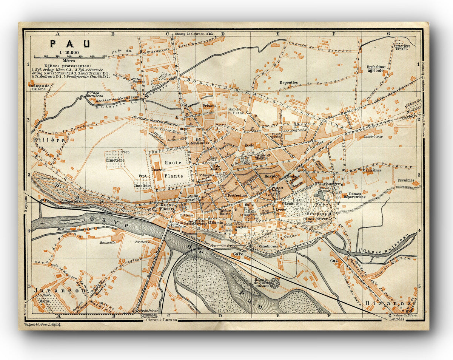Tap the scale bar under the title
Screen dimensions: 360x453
pos(70,57)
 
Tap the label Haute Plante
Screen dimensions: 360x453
pos(173,169)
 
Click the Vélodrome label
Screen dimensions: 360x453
pos(268,246)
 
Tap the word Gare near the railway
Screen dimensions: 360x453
pos(238,253)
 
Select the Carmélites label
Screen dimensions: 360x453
pos(371,170)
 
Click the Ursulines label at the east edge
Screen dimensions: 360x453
pos(405,180)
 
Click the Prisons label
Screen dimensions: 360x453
pos(209,106)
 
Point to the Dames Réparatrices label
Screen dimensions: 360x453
pos(354,195)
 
